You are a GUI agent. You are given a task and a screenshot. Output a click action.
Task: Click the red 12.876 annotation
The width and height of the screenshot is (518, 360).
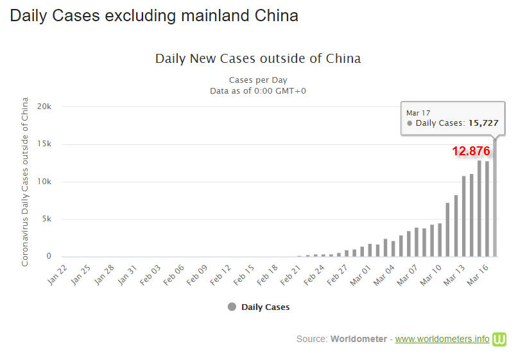tap(471, 151)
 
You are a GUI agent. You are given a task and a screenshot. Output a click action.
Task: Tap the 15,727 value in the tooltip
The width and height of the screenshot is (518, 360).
tap(483, 123)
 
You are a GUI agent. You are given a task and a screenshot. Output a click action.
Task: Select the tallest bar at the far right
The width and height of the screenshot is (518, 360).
tap(494, 199)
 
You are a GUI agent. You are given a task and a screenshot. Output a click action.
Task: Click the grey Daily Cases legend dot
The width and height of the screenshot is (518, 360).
tap(232, 307)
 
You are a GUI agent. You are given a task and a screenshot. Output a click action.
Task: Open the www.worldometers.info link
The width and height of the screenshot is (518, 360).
tap(442, 339)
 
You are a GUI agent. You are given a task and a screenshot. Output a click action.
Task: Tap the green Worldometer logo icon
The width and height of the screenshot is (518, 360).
tap(499, 339)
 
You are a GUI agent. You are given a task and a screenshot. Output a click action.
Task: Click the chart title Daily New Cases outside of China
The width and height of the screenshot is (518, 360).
tap(258, 58)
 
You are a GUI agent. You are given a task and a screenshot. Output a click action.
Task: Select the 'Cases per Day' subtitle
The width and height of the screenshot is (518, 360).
tap(258, 80)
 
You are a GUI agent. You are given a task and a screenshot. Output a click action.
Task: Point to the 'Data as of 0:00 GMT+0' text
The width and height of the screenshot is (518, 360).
tap(258, 90)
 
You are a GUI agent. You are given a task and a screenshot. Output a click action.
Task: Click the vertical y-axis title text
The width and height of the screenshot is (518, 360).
tap(25, 182)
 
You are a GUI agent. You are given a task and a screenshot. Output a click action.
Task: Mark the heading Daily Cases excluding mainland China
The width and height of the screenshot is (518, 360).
tap(154, 15)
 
